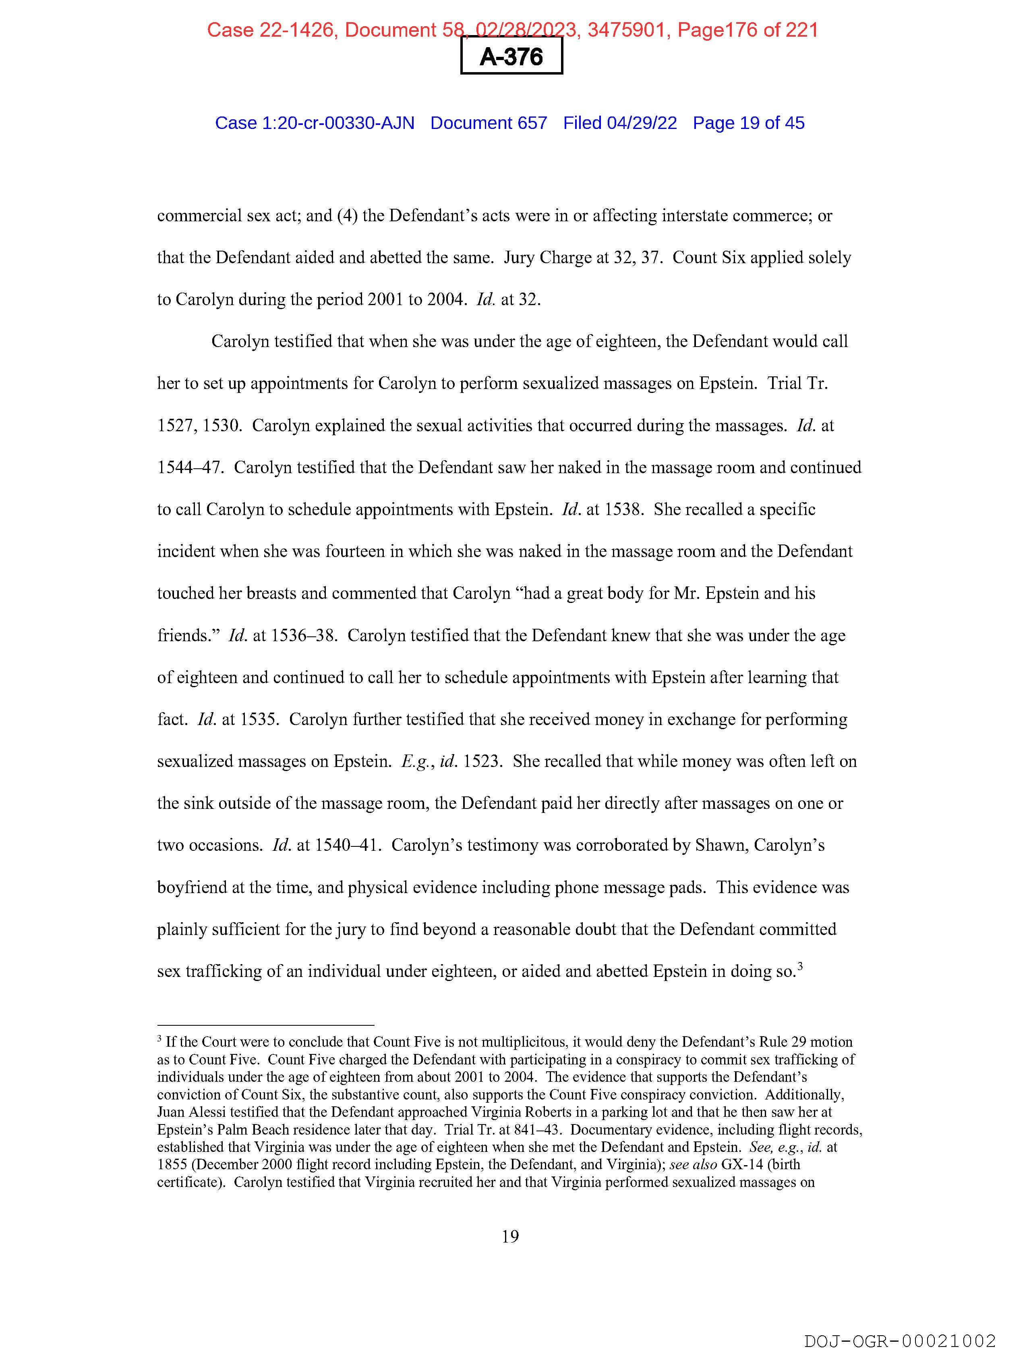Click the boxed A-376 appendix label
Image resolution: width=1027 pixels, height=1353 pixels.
(511, 57)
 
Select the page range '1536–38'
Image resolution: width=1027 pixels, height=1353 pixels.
(303, 636)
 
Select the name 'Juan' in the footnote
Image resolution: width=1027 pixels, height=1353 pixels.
(170, 1112)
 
